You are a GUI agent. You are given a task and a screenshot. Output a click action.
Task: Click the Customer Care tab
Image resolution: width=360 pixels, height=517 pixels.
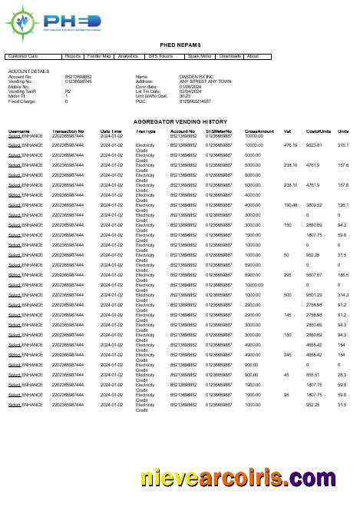[22, 56]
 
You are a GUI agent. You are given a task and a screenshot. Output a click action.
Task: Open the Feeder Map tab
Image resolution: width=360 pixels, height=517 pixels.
[99, 56]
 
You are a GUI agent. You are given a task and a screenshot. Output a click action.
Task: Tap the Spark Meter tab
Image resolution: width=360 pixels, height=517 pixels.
[200, 56]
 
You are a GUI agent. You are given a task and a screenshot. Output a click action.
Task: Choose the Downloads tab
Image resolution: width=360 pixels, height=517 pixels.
[230, 56]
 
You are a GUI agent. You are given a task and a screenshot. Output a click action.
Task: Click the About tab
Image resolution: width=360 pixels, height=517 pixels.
[253, 56]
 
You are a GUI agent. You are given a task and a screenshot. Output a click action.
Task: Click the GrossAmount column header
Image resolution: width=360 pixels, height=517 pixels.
[259, 131]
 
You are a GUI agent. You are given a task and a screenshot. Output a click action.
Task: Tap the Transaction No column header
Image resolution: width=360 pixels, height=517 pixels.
[68, 131]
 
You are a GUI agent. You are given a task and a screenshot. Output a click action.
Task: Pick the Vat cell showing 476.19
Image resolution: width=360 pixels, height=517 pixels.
[290, 144]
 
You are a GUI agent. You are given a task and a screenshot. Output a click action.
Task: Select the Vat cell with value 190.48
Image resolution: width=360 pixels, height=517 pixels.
[290, 205]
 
